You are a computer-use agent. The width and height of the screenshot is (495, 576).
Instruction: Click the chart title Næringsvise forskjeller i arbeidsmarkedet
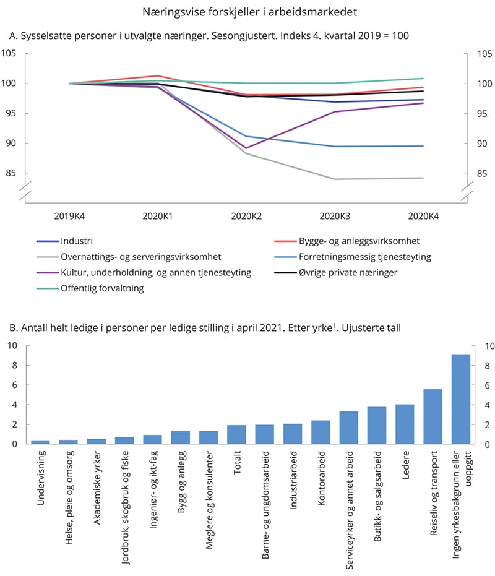(247, 12)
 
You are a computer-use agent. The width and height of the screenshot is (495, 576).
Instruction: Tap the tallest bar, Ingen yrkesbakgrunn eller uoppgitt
(460, 399)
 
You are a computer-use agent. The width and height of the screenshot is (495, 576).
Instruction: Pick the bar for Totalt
(236, 434)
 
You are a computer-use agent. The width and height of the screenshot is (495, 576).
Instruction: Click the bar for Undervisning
(40, 442)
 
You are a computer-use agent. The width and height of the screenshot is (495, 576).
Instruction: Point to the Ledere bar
(405, 424)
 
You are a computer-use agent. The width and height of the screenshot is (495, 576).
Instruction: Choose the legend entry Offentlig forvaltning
(101, 288)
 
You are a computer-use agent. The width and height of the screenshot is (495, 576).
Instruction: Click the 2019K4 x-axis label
(69, 216)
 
